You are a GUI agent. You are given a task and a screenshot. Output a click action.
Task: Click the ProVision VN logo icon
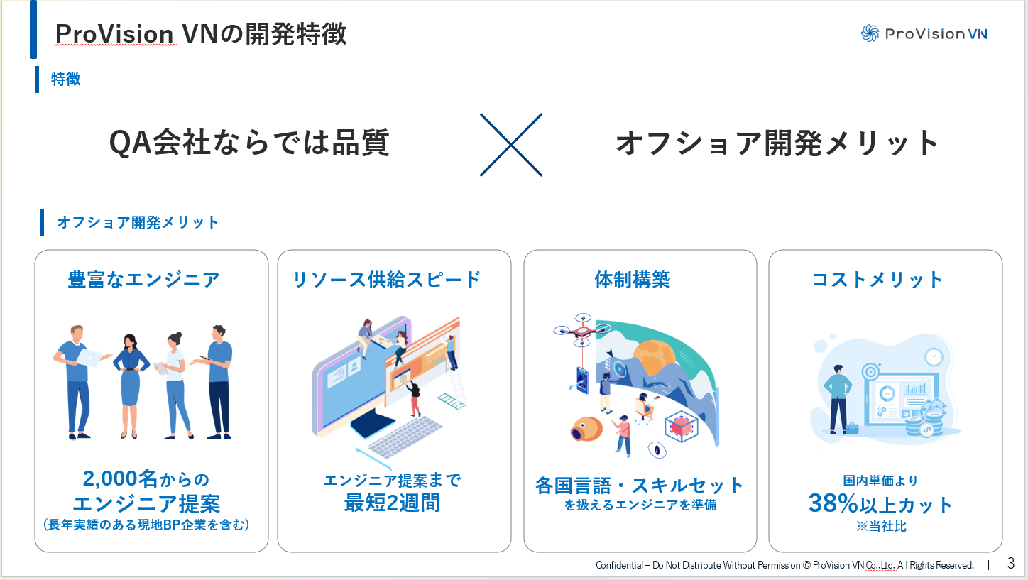870,33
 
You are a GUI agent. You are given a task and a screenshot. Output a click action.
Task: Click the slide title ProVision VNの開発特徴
201,34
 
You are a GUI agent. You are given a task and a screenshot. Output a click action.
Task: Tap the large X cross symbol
510,145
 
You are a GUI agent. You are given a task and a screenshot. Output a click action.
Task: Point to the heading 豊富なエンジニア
143,280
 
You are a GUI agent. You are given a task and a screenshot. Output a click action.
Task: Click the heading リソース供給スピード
387,280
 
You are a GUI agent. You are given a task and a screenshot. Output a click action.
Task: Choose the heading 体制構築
632,280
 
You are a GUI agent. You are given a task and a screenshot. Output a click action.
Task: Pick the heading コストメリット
877,280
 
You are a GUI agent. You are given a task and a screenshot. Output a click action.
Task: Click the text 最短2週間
392,503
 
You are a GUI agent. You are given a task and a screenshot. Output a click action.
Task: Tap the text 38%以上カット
880,505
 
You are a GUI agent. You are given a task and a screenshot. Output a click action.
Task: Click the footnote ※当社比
880,527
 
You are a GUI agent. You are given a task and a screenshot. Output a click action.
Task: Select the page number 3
1010,564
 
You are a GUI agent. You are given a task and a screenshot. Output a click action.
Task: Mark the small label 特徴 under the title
65,80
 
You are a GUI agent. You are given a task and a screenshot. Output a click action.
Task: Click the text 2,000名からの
146,479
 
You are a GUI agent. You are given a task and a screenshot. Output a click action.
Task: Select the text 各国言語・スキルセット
639,486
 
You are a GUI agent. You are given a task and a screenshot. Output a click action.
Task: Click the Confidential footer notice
784,565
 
